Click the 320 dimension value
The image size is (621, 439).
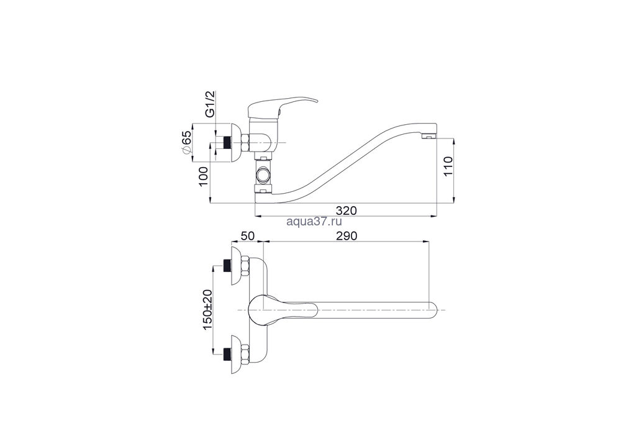point(346,210)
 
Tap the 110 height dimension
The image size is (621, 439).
point(448,166)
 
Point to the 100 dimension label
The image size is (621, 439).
point(203,177)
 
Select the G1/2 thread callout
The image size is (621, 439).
point(210,104)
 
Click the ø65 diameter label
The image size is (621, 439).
point(186,143)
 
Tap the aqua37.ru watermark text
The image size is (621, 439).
point(314,222)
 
